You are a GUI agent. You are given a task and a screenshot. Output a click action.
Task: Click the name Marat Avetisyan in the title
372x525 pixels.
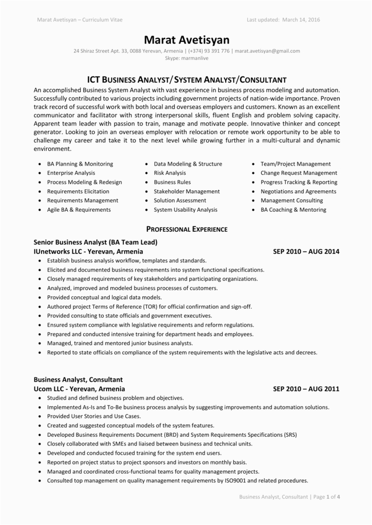(x=186, y=39)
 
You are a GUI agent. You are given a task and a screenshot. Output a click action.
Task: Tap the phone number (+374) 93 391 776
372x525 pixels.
(x=209, y=51)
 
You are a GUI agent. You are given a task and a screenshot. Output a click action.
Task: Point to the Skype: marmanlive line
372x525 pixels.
(x=186, y=58)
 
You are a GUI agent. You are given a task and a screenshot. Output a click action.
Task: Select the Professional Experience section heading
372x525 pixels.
(x=186, y=229)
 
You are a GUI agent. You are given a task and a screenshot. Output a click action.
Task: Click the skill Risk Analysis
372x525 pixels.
(x=170, y=173)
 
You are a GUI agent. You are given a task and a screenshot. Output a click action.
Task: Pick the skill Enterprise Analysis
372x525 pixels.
(x=71, y=173)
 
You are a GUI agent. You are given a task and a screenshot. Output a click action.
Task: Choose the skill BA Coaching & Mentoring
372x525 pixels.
(x=293, y=210)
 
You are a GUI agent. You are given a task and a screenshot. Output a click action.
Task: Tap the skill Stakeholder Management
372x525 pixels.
(x=187, y=191)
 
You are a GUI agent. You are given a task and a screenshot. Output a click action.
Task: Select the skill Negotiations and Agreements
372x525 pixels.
(x=298, y=191)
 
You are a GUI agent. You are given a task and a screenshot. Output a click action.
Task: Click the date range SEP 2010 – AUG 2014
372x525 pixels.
(x=306, y=252)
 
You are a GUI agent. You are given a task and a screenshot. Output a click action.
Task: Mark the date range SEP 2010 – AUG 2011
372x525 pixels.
(x=306, y=389)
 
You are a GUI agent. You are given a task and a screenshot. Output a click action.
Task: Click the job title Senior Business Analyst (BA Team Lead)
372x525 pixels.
(x=95, y=242)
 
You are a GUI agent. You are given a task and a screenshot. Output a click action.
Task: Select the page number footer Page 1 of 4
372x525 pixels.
(x=326, y=497)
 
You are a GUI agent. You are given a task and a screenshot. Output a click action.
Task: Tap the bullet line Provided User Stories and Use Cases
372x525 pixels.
(x=93, y=416)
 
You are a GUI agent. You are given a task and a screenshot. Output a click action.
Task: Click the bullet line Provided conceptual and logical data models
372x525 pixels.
(x=104, y=297)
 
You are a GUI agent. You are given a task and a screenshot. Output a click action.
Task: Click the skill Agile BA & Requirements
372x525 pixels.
(x=79, y=210)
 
